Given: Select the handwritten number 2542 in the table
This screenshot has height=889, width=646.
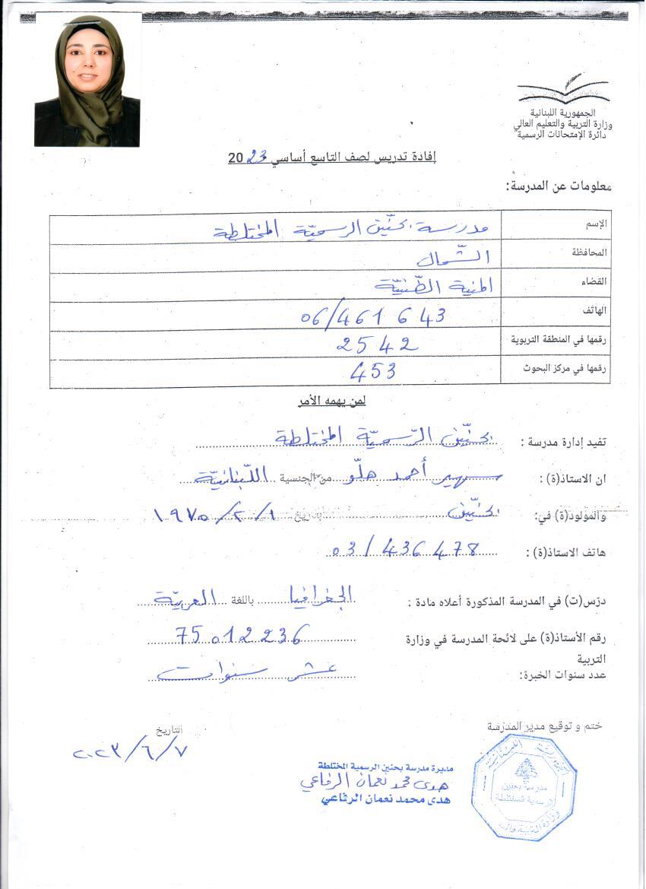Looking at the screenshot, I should tap(377, 344).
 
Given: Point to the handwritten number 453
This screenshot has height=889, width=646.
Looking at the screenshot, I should tap(374, 372).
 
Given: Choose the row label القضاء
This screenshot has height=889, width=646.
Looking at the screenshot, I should tap(594, 281).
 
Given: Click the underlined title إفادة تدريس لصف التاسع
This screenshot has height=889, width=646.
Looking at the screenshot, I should tap(332, 158).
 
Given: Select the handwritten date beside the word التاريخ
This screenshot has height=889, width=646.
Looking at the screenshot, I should tap(129, 752).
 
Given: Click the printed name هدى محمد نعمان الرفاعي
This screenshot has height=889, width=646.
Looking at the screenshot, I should tap(386, 800).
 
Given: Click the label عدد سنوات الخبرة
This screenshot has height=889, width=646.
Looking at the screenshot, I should tap(565, 675).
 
